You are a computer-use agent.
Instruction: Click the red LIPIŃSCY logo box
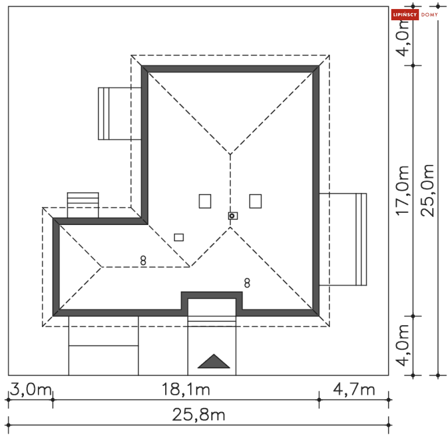pos(405,14)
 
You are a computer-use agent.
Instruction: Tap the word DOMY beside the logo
pos(430,14)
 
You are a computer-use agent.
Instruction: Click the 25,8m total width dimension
pos(199,415)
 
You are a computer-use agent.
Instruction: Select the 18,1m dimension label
pos(186,390)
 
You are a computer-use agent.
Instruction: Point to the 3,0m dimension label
pos(31,390)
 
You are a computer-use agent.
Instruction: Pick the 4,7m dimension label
pos(354,390)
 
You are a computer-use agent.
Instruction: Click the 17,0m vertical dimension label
pos(402,190)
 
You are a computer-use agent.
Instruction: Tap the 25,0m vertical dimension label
pos(427,190)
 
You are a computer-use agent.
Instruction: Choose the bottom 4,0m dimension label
pos(402,345)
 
